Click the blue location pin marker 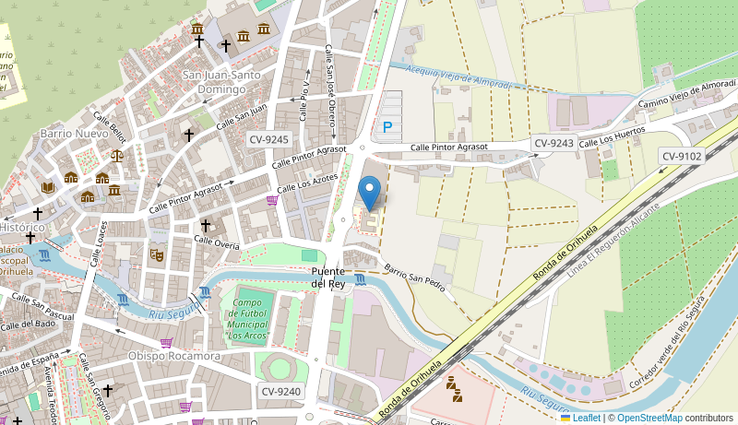(x=369, y=193)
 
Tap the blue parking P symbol (x=387, y=127)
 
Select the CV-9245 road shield (x=269, y=140)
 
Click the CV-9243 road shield (x=553, y=143)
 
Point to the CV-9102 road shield (x=682, y=157)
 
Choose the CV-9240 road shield (x=281, y=392)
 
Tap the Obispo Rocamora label (x=174, y=356)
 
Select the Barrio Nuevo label (x=74, y=134)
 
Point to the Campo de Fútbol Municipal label (x=249, y=319)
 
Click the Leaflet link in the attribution (x=586, y=418)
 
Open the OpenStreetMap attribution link (x=649, y=418)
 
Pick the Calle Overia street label (x=217, y=242)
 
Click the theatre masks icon (x=157, y=254)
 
